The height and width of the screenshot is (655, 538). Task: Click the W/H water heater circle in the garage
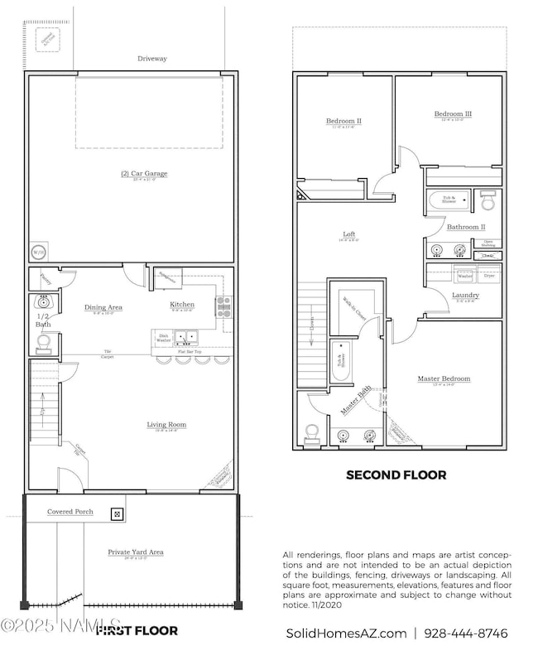pyautogui.click(x=38, y=252)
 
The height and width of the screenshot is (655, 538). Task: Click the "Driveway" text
pyautogui.click(x=151, y=59)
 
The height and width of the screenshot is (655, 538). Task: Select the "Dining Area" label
pyautogui.click(x=103, y=307)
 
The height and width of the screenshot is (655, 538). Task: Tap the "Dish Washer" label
pyautogui.click(x=163, y=338)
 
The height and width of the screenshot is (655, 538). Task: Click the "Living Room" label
pyautogui.click(x=166, y=425)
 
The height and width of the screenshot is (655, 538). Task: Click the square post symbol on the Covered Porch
pyautogui.click(x=117, y=513)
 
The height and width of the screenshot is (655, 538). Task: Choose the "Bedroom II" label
pyautogui.click(x=343, y=121)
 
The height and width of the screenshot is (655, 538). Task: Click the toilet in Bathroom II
pyautogui.click(x=488, y=200)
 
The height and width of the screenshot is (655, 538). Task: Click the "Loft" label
pyautogui.click(x=349, y=234)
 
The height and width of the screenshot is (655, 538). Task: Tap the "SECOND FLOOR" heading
pyautogui.click(x=396, y=475)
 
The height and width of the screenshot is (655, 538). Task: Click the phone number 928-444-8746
pyautogui.click(x=466, y=633)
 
